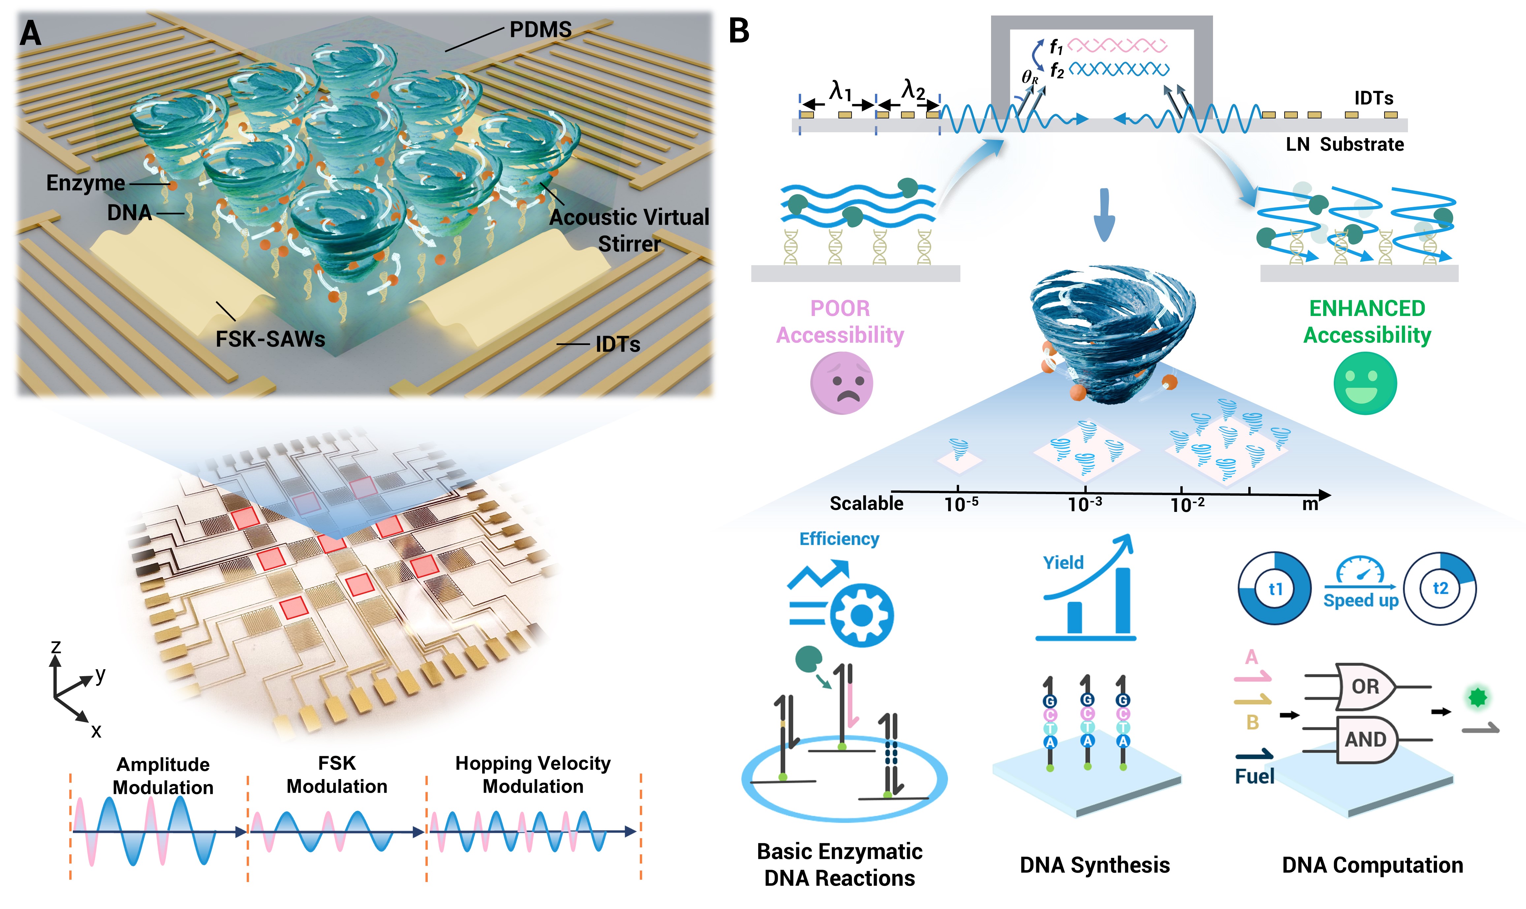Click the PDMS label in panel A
(541, 29)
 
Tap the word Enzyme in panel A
(86, 182)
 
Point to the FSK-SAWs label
(270, 339)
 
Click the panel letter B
(739, 31)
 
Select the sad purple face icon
(841, 384)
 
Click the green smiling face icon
(1365, 384)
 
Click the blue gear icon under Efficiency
(861, 615)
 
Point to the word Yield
(1063, 562)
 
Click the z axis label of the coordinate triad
(56, 647)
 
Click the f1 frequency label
(1056, 47)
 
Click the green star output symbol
(1478, 697)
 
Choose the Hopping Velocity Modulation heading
(533, 775)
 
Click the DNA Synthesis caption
(1095, 865)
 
